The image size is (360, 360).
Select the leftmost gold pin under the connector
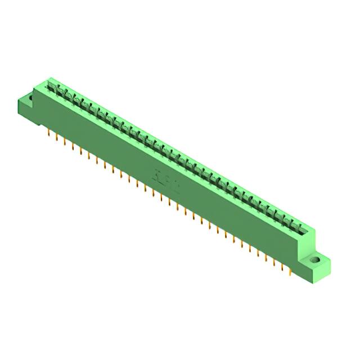pyautogui.click(x=49, y=133)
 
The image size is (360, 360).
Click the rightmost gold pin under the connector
pyautogui.click(x=289, y=274)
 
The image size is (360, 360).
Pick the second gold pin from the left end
pyautogui.click(x=57, y=137)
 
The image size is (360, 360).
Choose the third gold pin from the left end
pyautogui.click(x=65, y=142)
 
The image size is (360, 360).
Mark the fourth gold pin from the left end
pyautogui.click(x=73, y=146)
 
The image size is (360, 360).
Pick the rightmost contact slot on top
pyautogui.click(x=299, y=227)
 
